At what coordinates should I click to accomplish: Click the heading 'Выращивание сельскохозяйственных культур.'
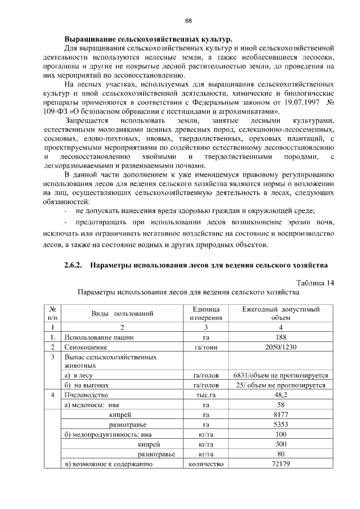click(147, 40)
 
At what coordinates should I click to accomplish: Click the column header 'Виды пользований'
click(121, 313)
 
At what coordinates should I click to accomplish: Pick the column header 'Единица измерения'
click(206, 313)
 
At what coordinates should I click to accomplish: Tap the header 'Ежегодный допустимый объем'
click(281, 313)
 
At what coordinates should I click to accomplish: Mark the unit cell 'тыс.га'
click(206, 395)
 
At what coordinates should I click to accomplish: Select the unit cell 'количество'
click(206, 464)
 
